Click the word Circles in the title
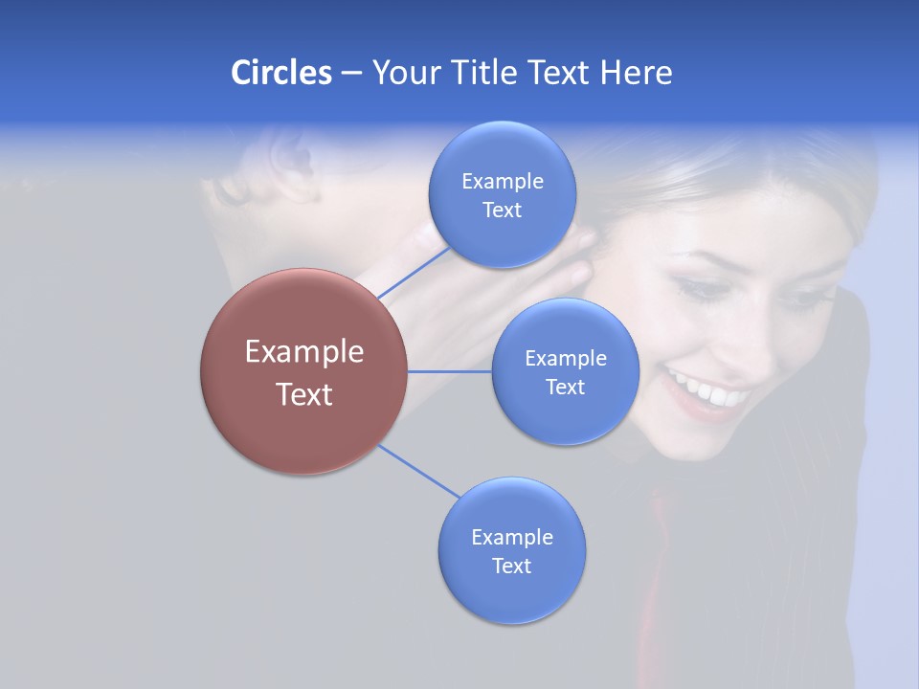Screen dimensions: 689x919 [280, 72]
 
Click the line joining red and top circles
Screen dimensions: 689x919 [414, 272]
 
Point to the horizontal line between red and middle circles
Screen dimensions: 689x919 [449, 371]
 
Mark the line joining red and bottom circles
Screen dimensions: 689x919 [417, 470]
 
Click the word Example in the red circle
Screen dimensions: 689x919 [303, 352]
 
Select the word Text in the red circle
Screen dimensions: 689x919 [303, 394]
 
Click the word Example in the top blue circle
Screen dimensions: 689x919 [502, 181]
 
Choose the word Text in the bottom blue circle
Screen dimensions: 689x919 [511, 566]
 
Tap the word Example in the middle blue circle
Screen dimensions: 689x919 [565, 358]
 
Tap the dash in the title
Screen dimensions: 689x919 [351, 73]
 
